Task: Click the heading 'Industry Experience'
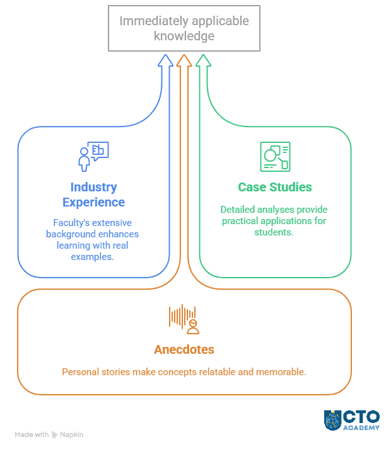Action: pyautogui.click(x=93, y=195)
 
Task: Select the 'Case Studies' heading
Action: pyautogui.click(x=274, y=187)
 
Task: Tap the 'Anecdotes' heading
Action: pyautogui.click(x=184, y=349)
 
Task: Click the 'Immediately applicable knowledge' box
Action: pyautogui.click(x=184, y=28)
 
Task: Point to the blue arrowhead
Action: pyautogui.click(x=166, y=60)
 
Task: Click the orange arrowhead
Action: pyautogui.click(x=184, y=60)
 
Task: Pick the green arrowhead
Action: pyautogui.click(x=202, y=60)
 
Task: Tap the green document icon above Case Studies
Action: pyautogui.click(x=275, y=157)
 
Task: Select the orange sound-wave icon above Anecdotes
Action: pyautogui.click(x=184, y=319)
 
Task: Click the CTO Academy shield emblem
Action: pyautogui.click(x=333, y=420)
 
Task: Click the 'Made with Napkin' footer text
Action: pyautogui.click(x=49, y=434)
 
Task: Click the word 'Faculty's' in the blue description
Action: pyautogui.click(x=71, y=223)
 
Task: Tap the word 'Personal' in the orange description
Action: pyautogui.click(x=81, y=372)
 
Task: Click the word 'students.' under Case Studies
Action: pyautogui.click(x=274, y=232)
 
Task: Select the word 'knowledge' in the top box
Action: pyautogui.click(x=184, y=37)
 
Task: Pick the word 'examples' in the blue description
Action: pyautogui.click(x=93, y=257)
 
